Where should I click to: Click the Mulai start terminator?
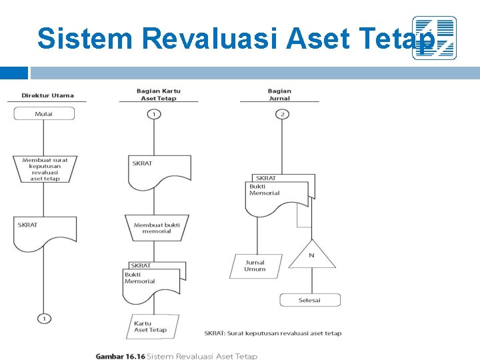[44, 114]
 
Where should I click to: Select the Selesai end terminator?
[309, 300]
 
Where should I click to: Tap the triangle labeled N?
[311, 256]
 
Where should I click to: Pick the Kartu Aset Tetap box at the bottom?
[153, 327]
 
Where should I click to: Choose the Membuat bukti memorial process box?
[157, 228]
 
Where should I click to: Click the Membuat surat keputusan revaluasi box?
[45, 169]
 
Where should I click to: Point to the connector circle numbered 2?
[283, 114]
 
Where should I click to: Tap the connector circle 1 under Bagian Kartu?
[153, 114]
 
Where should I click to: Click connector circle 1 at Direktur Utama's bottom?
[44, 319]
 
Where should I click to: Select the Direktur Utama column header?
[48, 95]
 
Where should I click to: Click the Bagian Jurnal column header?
[279, 95]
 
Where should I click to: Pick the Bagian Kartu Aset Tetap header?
[159, 95]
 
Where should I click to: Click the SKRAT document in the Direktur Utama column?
[45, 229]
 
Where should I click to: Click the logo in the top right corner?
[434, 38]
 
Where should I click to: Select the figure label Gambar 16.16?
[120, 357]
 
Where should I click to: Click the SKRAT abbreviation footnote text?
[273, 333]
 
